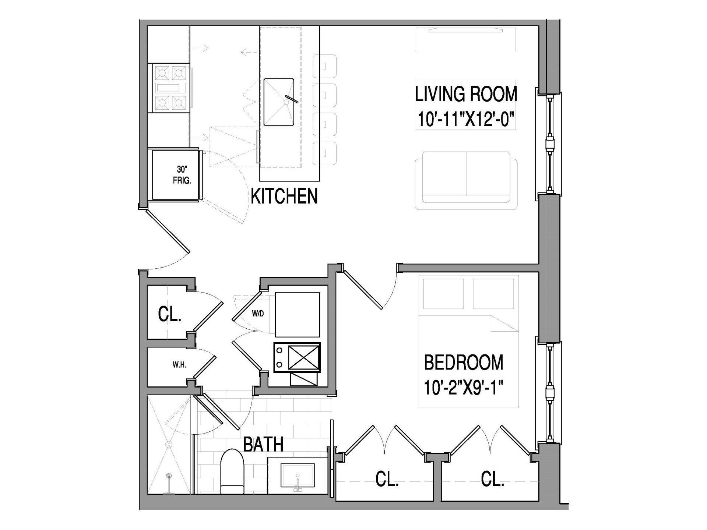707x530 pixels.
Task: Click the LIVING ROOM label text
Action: [x=466, y=94]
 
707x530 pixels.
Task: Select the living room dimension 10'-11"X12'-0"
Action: [x=466, y=120]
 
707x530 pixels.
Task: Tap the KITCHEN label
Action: [x=284, y=196]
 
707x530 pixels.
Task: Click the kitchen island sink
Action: [x=279, y=102]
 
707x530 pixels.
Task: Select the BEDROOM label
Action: [x=464, y=363]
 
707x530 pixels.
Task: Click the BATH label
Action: [x=263, y=445]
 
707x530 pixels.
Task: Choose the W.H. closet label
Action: [x=179, y=365]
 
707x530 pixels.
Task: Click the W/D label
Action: [x=258, y=314]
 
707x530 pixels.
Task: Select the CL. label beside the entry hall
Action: [x=170, y=315]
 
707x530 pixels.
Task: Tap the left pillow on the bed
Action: [x=443, y=294]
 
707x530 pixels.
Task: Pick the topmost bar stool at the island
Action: [x=325, y=67]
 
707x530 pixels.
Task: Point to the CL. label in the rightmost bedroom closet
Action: [x=492, y=480]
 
